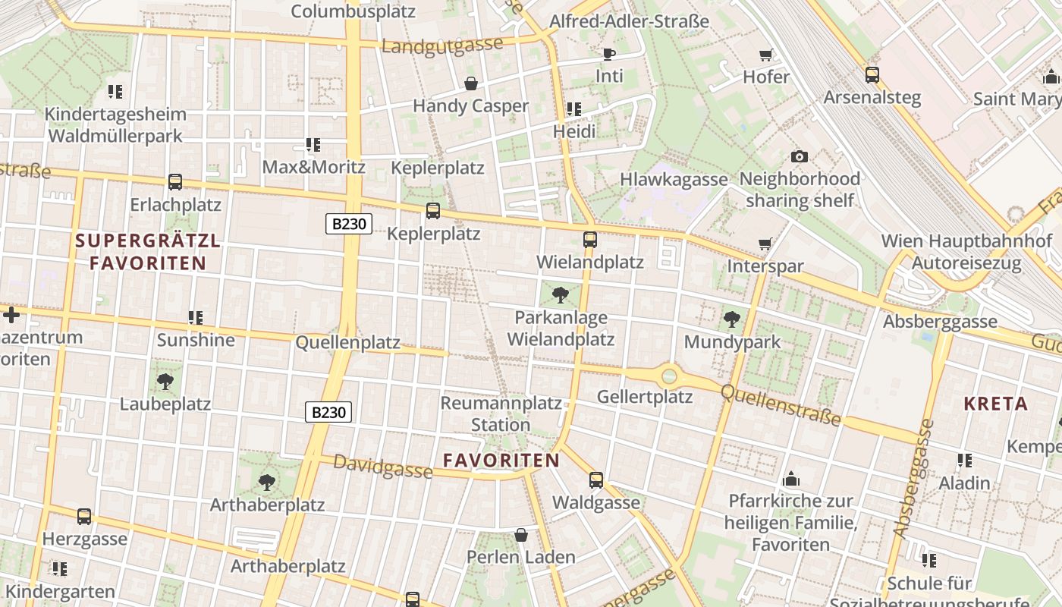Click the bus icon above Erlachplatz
point(175,182)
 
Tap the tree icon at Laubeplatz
point(165,381)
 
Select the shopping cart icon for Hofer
point(766,55)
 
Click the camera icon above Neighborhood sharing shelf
point(799,156)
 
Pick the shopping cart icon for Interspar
point(765,244)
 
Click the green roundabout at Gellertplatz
point(669,375)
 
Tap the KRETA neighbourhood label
point(995,404)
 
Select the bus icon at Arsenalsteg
point(872,75)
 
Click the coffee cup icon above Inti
point(608,54)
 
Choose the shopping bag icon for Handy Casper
point(470,83)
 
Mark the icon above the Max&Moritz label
point(313,144)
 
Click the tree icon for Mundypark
point(732,319)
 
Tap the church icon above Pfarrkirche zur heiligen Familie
point(791,479)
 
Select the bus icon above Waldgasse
point(596,480)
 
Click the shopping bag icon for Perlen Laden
point(521,535)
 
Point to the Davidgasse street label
point(383,466)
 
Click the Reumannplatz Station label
point(501,414)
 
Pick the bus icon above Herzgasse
point(84,517)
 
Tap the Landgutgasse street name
point(441,45)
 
